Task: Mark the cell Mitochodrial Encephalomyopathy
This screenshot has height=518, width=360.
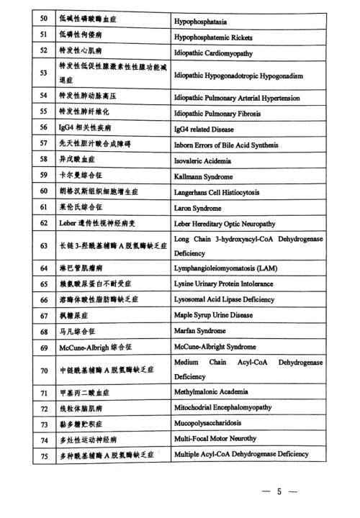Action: pos(222,406)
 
